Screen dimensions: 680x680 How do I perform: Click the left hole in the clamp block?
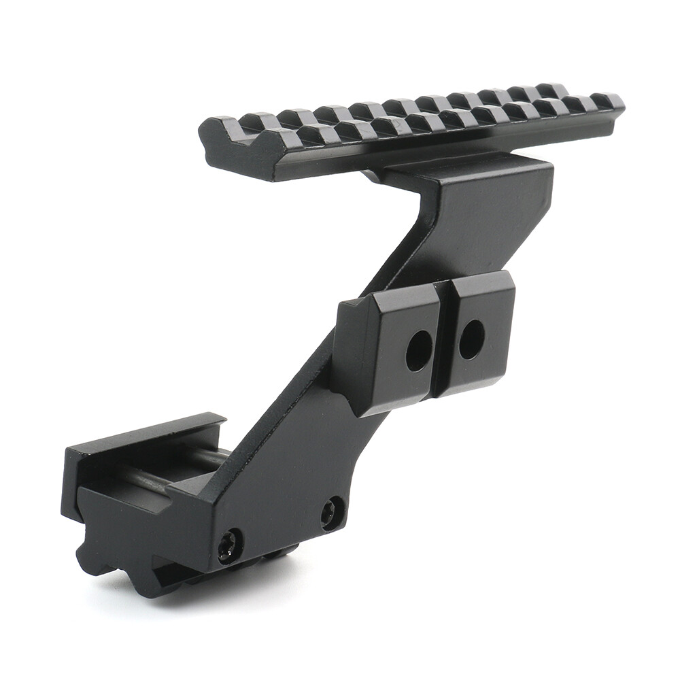[x=419, y=350]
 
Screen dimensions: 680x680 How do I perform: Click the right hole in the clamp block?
[x=471, y=339]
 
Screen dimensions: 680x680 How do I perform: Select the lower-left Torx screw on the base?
[x=230, y=545]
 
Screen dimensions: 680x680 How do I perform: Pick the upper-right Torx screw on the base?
[x=333, y=512]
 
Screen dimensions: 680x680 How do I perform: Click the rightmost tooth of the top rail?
[x=607, y=101]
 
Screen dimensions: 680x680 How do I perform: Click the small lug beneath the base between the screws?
[x=279, y=554]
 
